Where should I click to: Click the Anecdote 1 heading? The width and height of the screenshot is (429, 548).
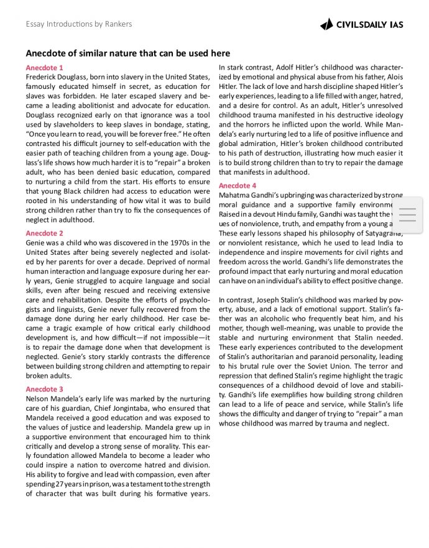pyautogui.click(x=45, y=67)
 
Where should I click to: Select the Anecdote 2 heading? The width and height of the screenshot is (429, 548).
pyautogui.click(x=45, y=233)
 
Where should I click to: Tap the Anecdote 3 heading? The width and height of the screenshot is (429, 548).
pyautogui.click(x=45, y=389)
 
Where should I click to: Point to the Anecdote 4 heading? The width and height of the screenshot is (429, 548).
pyautogui.click(x=238, y=185)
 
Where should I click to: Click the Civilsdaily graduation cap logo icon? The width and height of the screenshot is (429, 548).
pyautogui.click(x=326, y=24)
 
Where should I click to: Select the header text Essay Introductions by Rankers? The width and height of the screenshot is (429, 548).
pyautogui.click(x=79, y=24)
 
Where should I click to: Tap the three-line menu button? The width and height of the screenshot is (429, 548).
pyautogui.click(x=407, y=214)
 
